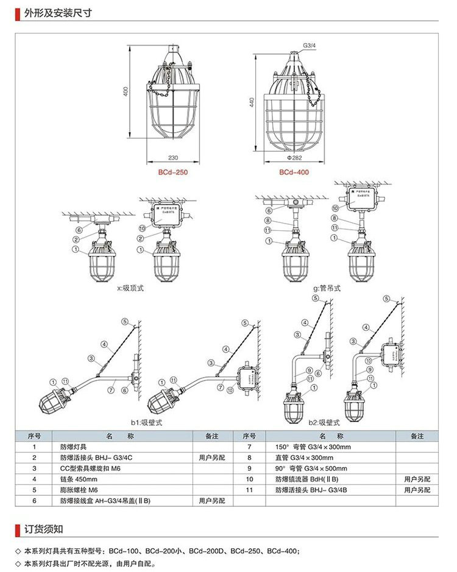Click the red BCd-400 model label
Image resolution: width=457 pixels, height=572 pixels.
click(x=294, y=172)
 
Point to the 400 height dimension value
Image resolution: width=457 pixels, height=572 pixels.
click(x=125, y=91)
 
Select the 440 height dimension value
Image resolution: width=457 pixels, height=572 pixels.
click(x=250, y=102)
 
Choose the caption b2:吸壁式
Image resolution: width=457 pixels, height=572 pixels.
click(x=323, y=422)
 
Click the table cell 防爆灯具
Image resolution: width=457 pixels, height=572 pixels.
click(x=73, y=447)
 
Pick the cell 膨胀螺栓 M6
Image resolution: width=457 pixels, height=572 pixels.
click(x=79, y=490)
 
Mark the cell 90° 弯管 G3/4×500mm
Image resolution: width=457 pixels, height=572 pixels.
click(x=311, y=468)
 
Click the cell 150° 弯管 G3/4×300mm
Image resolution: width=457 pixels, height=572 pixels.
click(x=313, y=447)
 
